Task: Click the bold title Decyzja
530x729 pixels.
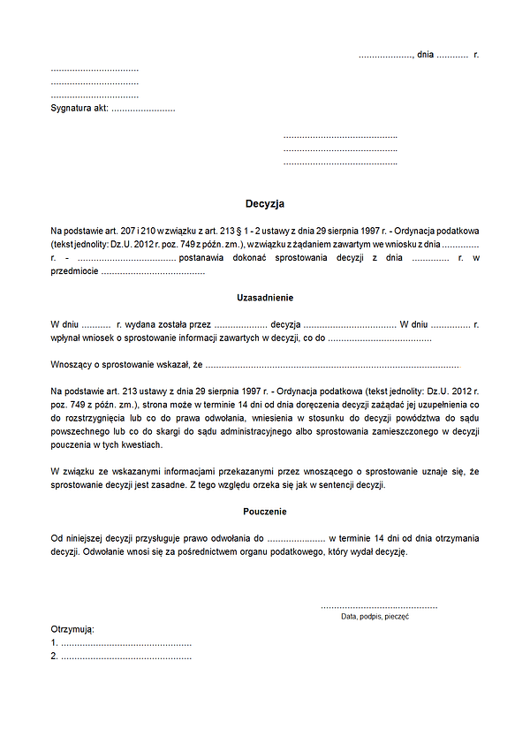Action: (x=265, y=203)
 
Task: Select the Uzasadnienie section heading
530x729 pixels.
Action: (x=265, y=298)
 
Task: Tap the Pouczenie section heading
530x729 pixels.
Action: (x=265, y=512)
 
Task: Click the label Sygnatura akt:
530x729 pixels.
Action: (x=79, y=109)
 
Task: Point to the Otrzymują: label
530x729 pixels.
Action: (x=72, y=629)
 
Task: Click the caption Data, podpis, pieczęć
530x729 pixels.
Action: (x=375, y=617)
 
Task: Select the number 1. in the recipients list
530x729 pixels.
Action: (x=55, y=642)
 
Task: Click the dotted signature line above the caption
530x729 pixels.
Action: (x=378, y=607)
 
